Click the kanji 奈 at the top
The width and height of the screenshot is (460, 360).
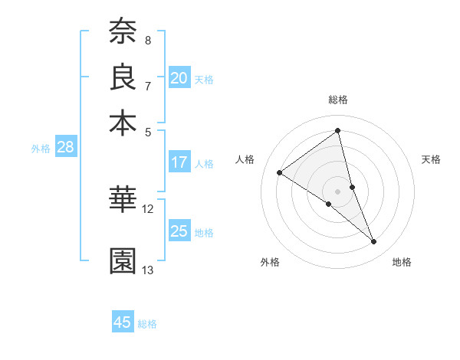[x=123, y=31]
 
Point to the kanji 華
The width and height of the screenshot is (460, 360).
[x=123, y=200]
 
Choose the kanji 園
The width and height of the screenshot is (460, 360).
[x=123, y=261]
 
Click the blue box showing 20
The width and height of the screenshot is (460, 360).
[x=179, y=78]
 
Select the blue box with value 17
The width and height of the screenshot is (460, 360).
[x=179, y=162]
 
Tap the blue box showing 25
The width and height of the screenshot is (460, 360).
[x=179, y=231]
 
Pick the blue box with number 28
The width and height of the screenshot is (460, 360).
[x=65, y=148]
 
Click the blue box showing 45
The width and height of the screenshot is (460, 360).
[x=123, y=322]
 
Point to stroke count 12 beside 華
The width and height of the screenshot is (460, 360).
[x=148, y=208]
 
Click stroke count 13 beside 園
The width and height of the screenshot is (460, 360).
[x=148, y=270]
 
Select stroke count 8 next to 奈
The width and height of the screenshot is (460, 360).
[x=148, y=40]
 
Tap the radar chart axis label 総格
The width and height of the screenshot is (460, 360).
[x=338, y=100]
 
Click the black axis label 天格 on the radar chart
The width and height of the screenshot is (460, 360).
[x=431, y=159]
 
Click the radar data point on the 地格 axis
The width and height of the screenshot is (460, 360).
[x=374, y=242]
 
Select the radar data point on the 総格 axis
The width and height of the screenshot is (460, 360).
[x=338, y=131]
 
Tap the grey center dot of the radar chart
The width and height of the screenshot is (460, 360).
[x=338, y=191]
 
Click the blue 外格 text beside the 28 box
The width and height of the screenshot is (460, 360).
[x=40, y=149]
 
